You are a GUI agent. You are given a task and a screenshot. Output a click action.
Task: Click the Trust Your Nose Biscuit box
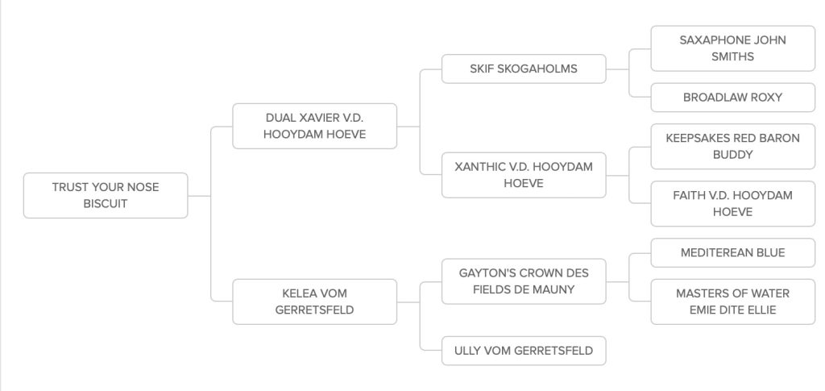[106, 195]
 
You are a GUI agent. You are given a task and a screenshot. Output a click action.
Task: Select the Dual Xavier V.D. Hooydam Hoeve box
[314, 126]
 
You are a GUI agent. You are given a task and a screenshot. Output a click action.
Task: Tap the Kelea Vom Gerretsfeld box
[314, 302]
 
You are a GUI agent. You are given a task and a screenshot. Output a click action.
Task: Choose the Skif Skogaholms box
[524, 69]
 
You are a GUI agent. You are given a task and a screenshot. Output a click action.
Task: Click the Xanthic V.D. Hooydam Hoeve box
[524, 175]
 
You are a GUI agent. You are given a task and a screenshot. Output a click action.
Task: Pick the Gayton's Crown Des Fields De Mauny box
[524, 281]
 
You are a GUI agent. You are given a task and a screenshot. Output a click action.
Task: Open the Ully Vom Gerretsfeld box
[524, 351]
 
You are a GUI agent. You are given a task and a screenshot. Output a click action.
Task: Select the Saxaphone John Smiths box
[732, 48]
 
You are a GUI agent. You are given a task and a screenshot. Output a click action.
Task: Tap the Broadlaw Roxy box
[732, 98]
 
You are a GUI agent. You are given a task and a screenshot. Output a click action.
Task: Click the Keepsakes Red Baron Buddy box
[732, 146]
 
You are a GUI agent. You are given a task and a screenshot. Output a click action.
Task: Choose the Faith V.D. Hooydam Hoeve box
[732, 203]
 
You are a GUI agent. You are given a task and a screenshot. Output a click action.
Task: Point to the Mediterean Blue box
[732, 252]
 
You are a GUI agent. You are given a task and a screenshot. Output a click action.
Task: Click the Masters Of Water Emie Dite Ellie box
[732, 302]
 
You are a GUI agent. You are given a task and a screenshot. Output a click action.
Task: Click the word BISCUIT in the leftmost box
[106, 204]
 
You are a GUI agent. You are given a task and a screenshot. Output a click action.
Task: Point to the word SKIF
[484, 69]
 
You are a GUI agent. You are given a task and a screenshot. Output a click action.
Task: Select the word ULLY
[469, 351]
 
